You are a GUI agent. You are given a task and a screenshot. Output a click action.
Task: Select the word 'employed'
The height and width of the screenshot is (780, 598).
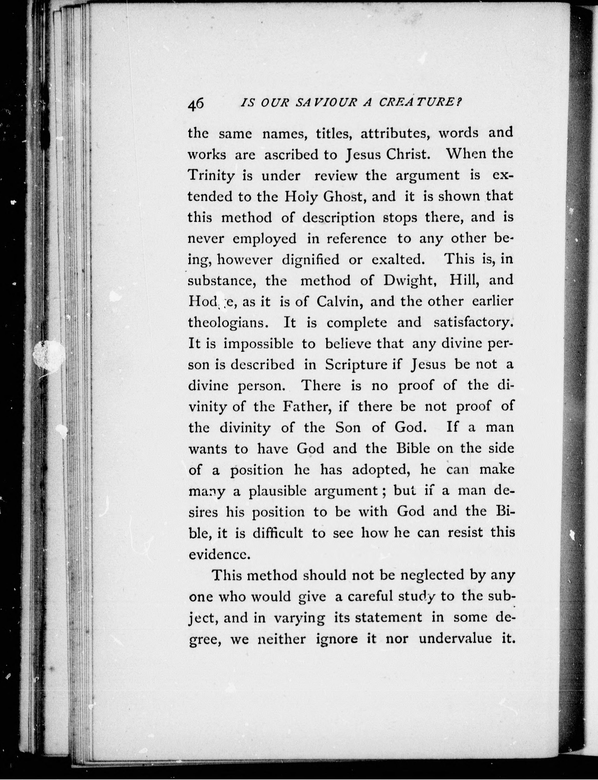tap(265, 239)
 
